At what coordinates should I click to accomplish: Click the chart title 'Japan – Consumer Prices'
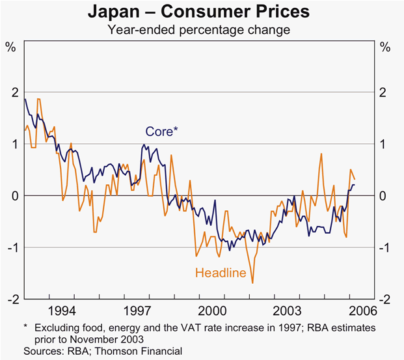pyautogui.click(x=202, y=12)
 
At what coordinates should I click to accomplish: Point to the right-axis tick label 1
pyautogui.click(x=386, y=144)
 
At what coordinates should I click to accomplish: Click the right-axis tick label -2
pyautogui.click(x=384, y=299)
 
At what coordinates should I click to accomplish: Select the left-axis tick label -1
pyautogui.click(x=12, y=247)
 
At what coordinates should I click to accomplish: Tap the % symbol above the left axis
pyautogui.click(x=10, y=47)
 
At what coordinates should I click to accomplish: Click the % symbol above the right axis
pyautogui.click(x=385, y=47)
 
